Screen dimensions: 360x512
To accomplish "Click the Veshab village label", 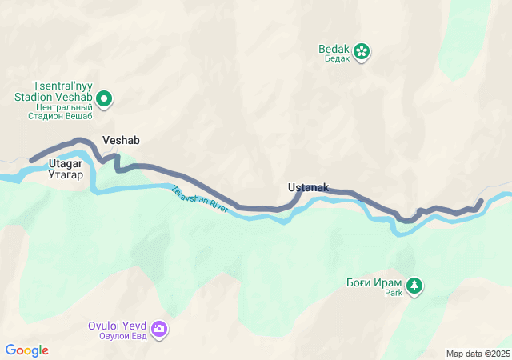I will (x=121, y=140).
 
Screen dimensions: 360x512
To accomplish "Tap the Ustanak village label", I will (x=308, y=187).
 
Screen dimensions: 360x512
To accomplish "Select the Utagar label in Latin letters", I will (x=66, y=163).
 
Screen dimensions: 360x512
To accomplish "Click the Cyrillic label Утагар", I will (x=66, y=174).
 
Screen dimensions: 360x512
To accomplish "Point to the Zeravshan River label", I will (x=200, y=200).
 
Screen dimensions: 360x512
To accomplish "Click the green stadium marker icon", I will (x=104, y=99).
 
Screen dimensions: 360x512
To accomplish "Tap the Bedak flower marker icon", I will (x=362, y=51).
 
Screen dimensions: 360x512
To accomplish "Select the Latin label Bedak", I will (x=334, y=49).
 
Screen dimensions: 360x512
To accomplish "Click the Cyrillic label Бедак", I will (x=334, y=59).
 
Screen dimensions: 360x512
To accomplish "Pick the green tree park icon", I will (x=414, y=286).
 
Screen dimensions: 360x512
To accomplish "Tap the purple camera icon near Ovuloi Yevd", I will (x=159, y=329).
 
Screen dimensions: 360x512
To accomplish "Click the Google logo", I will (x=27, y=350).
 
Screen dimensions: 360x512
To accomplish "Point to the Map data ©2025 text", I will (x=478, y=354).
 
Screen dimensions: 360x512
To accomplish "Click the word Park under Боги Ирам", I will (x=393, y=293).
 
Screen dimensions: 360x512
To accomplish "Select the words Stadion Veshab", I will (x=52, y=96).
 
